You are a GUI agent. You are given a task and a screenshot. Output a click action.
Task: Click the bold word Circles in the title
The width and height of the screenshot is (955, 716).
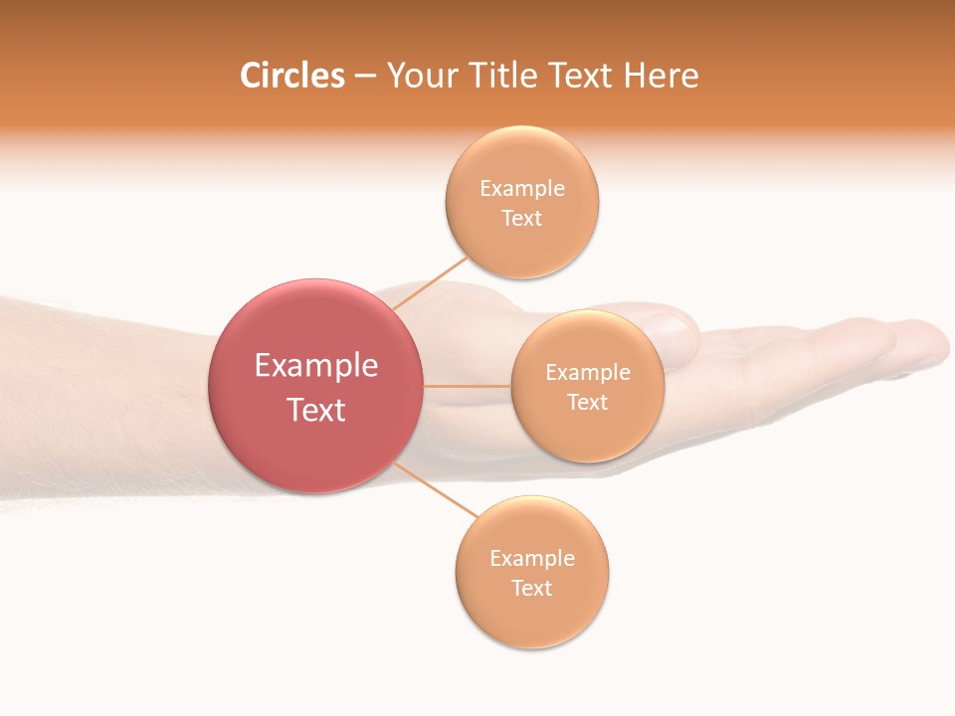pos(291,76)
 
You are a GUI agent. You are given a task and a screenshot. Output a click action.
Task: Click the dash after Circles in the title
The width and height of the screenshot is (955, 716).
pos(365,77)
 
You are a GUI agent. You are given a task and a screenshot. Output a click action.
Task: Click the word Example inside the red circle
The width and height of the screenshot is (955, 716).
pos(316,366)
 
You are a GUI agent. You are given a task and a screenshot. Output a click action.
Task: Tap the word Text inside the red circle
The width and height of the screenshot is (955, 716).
pos(316,410)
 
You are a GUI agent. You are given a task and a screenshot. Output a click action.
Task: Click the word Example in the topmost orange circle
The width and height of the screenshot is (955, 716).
pos(522,189)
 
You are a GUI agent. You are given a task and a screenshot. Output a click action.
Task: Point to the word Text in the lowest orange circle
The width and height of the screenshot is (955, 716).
pos(532,588)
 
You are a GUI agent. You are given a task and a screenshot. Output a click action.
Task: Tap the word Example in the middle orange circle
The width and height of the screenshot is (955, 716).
pos(588,373)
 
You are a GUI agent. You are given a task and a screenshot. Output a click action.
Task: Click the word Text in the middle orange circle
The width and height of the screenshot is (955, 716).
pos(588,402)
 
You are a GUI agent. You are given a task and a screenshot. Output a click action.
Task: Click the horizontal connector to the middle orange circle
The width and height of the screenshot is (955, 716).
pos(468,386)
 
